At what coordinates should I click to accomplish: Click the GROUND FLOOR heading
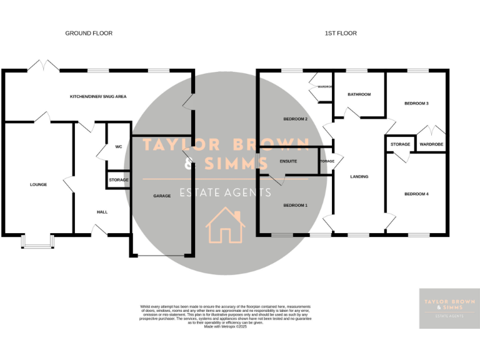(x=89, y=33)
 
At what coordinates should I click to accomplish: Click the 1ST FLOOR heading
(x=341, y=33)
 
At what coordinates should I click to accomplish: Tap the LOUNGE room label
(x=38, y=184)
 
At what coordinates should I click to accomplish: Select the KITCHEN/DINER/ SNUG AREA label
(x=98, y=97)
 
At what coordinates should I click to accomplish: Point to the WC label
(x=118, y=147)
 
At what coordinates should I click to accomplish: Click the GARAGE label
(x=162, y=196)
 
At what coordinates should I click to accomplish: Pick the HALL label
(x=102, y=212)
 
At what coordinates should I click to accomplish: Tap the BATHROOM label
(x=359, y=94)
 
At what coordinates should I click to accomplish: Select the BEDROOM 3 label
(x=416, y=103)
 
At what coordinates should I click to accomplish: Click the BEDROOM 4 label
(x=416, y=194)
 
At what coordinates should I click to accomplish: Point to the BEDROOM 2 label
(x=296, y=119)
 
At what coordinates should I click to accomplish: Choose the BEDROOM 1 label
(x=296, y=205)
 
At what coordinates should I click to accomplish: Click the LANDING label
(x=359, y=177)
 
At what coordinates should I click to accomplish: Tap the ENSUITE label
(x=288, y=161)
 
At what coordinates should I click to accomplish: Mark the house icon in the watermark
(x=225, y=226)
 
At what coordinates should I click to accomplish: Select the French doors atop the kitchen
(x=45, y=66)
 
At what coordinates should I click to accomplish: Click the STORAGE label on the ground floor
(x=118, y=180)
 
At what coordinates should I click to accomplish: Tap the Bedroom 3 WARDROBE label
(x=431, y=144)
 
